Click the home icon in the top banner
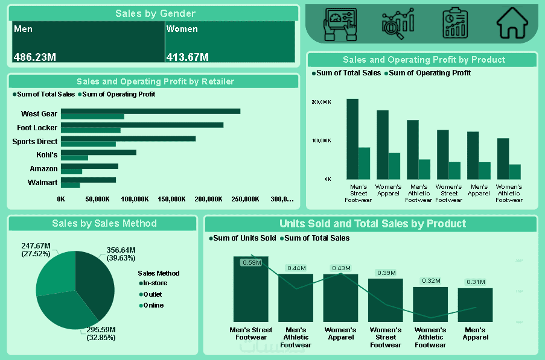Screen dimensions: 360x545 point(512,24)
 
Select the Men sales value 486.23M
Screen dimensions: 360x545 point(35,57)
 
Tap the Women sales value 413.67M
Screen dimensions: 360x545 point(188,57)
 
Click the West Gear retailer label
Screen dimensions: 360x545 point(39,114)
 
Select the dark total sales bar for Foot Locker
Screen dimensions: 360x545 point(142,125)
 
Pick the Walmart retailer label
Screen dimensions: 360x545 point(43,183)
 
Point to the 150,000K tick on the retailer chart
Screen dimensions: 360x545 point(171,199)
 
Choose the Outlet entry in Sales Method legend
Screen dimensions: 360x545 point(152,294)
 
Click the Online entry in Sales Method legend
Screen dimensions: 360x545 point(153,305)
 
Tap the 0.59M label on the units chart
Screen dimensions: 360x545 point(251,262)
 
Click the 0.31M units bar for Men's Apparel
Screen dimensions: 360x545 point(475,305)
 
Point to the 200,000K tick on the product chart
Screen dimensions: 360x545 point(321,103)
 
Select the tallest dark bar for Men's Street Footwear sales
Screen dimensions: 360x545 point(352,139)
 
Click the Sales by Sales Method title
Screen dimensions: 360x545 point(104,224)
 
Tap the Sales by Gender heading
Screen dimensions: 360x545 point(155,14)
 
